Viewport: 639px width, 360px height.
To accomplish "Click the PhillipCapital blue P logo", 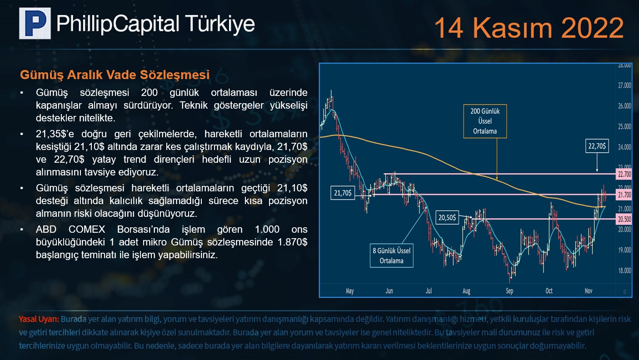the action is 35,23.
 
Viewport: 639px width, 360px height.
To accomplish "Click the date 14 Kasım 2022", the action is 529,28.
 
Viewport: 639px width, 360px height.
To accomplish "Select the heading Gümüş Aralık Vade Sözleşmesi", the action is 115,75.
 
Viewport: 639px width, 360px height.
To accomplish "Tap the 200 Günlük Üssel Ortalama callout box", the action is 485,121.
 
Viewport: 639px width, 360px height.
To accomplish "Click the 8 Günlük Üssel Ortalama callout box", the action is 391,255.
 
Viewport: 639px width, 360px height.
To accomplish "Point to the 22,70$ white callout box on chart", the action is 597,146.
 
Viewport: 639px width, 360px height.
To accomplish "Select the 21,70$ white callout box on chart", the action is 343,193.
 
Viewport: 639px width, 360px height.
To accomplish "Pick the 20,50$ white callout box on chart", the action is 447,218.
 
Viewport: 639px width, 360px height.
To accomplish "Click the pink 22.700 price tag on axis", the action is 624,174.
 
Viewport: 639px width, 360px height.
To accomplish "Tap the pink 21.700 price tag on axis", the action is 624,195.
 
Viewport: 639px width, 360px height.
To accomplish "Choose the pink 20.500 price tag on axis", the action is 624,220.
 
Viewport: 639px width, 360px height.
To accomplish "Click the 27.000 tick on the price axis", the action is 624,85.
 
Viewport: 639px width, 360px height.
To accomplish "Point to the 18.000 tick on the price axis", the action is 624,270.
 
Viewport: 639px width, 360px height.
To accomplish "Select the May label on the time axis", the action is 350,291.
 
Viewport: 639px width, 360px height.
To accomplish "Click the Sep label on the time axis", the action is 509,291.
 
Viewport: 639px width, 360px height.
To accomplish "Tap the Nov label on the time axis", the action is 589,290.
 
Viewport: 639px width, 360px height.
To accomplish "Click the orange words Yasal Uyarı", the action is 39,319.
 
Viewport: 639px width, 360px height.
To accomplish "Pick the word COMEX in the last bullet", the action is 87,230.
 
